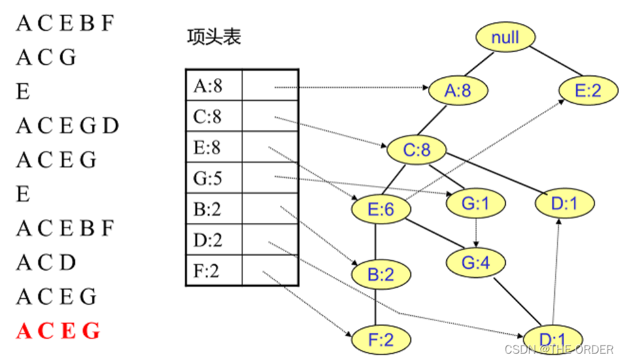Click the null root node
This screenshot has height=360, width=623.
point(505,37)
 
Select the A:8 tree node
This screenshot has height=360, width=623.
point(458,90)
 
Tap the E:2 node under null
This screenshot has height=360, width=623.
point(588,90)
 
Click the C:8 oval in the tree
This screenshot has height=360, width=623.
point(416,149)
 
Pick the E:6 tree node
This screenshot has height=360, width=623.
point(380,209)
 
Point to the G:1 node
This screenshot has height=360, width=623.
point(476,203)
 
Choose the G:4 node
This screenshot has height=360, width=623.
point(475,262)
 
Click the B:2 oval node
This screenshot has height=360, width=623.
point(381,274)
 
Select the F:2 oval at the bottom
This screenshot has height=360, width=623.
point(380,339)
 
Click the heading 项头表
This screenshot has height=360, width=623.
point(214,37)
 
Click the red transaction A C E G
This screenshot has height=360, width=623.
point(58,331)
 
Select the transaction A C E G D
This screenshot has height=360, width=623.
point(67,126)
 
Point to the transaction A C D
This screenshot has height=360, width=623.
point(46,262)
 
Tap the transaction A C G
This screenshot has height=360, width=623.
point(46,58)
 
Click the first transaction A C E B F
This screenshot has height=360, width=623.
point(65,24)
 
